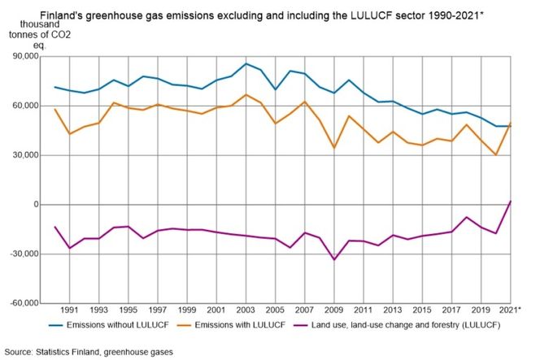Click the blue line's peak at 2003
coord(246,63)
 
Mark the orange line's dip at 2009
coord(333,148)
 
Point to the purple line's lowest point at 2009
coord(333,259)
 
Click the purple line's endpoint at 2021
coord(510,201)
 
